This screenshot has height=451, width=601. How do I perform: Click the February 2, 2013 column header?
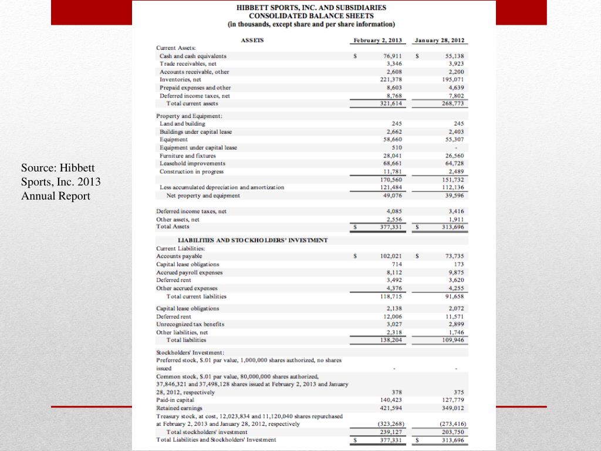pos(377,41)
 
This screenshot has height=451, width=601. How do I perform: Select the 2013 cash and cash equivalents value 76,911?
pos(392,56)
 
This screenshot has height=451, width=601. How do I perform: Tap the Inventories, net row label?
pos(181,79)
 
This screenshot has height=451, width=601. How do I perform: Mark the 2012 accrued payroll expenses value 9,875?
pos(456,272)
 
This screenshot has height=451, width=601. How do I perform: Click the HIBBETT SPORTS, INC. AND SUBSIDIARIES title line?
pos(311,8)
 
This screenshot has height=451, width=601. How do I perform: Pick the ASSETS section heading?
pos(253,41)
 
